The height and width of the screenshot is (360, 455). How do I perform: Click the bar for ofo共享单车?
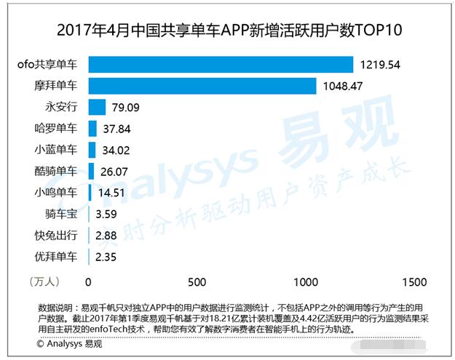coord(221,65)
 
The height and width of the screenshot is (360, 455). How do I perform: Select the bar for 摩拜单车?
coord(202,87)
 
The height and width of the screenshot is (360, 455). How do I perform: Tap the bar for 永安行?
coord(97,108)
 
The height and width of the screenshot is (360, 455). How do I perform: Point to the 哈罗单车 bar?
coord(92,129)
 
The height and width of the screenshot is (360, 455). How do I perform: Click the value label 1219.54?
coord(381,65)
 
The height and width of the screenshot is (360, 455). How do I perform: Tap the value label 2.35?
coord(106,257)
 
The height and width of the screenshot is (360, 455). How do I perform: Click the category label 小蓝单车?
coord(56,151)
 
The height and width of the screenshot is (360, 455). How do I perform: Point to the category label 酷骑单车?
coord(56,172)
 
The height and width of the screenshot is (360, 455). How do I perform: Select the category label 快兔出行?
coord(56,236)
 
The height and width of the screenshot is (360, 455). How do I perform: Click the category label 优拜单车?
coord(56,257)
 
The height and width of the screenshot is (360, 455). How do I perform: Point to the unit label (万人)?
coord(45,281)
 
